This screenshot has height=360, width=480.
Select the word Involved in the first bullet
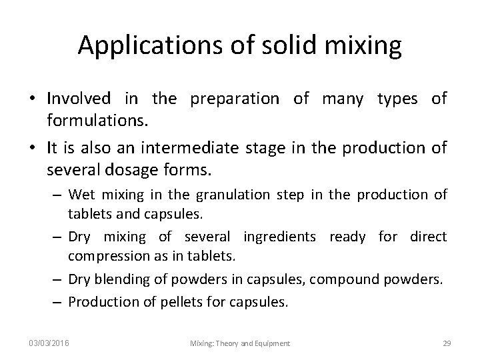(x=79, y=99)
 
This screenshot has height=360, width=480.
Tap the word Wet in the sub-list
(x=82, y=195)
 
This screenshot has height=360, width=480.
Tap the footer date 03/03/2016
(x=49, y=343)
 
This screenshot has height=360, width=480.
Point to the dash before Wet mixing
(x=59, y=195)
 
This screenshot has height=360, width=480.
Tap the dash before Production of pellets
(x=59, y=302)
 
